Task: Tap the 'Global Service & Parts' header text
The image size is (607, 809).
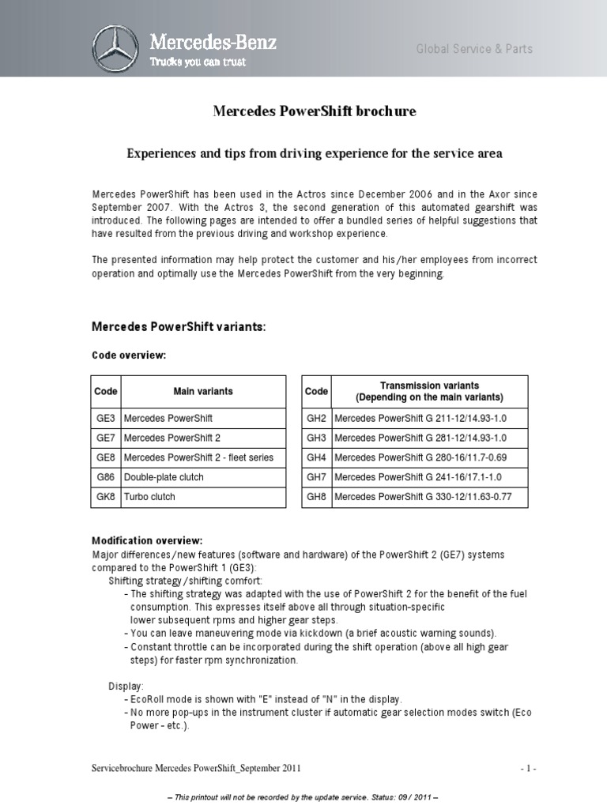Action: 474,49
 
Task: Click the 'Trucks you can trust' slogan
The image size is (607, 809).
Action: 198,62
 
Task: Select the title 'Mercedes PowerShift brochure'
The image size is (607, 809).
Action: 315,111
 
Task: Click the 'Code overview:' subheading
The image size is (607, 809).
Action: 130,356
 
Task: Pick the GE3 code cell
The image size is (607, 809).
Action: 106,418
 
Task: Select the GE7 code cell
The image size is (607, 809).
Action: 106,438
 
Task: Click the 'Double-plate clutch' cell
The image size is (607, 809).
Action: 164,477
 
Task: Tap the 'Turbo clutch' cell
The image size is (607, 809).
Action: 149,497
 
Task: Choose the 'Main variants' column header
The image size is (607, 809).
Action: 203,391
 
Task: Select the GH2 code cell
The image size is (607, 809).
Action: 316,418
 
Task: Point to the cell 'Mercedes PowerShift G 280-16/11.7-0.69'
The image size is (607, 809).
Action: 420,457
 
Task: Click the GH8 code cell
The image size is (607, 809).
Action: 316,497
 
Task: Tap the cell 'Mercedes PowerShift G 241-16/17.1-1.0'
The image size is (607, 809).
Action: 418,477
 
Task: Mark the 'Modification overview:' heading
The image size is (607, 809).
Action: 148,541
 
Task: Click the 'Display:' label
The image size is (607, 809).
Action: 126,687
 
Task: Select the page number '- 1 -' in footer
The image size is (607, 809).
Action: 529,769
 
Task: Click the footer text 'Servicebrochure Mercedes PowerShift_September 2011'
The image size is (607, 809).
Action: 196,769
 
